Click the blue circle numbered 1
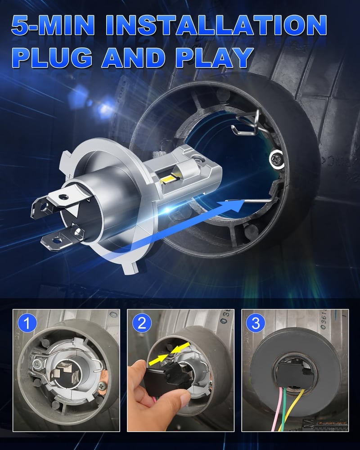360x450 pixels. pyautogui.click(x=27, y=323)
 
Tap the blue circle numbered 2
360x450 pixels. pyautogui.click(x=142, y=323)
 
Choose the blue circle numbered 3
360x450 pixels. pyautogui.click(x=256, y=323)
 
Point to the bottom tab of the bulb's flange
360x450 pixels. pyautogui.click(x=130, y=266)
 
